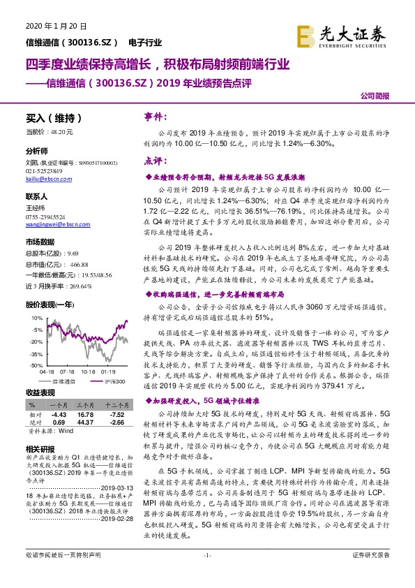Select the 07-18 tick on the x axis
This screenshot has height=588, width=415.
68,372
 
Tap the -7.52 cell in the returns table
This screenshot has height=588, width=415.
113,413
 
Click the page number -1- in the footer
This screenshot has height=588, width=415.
207,575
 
